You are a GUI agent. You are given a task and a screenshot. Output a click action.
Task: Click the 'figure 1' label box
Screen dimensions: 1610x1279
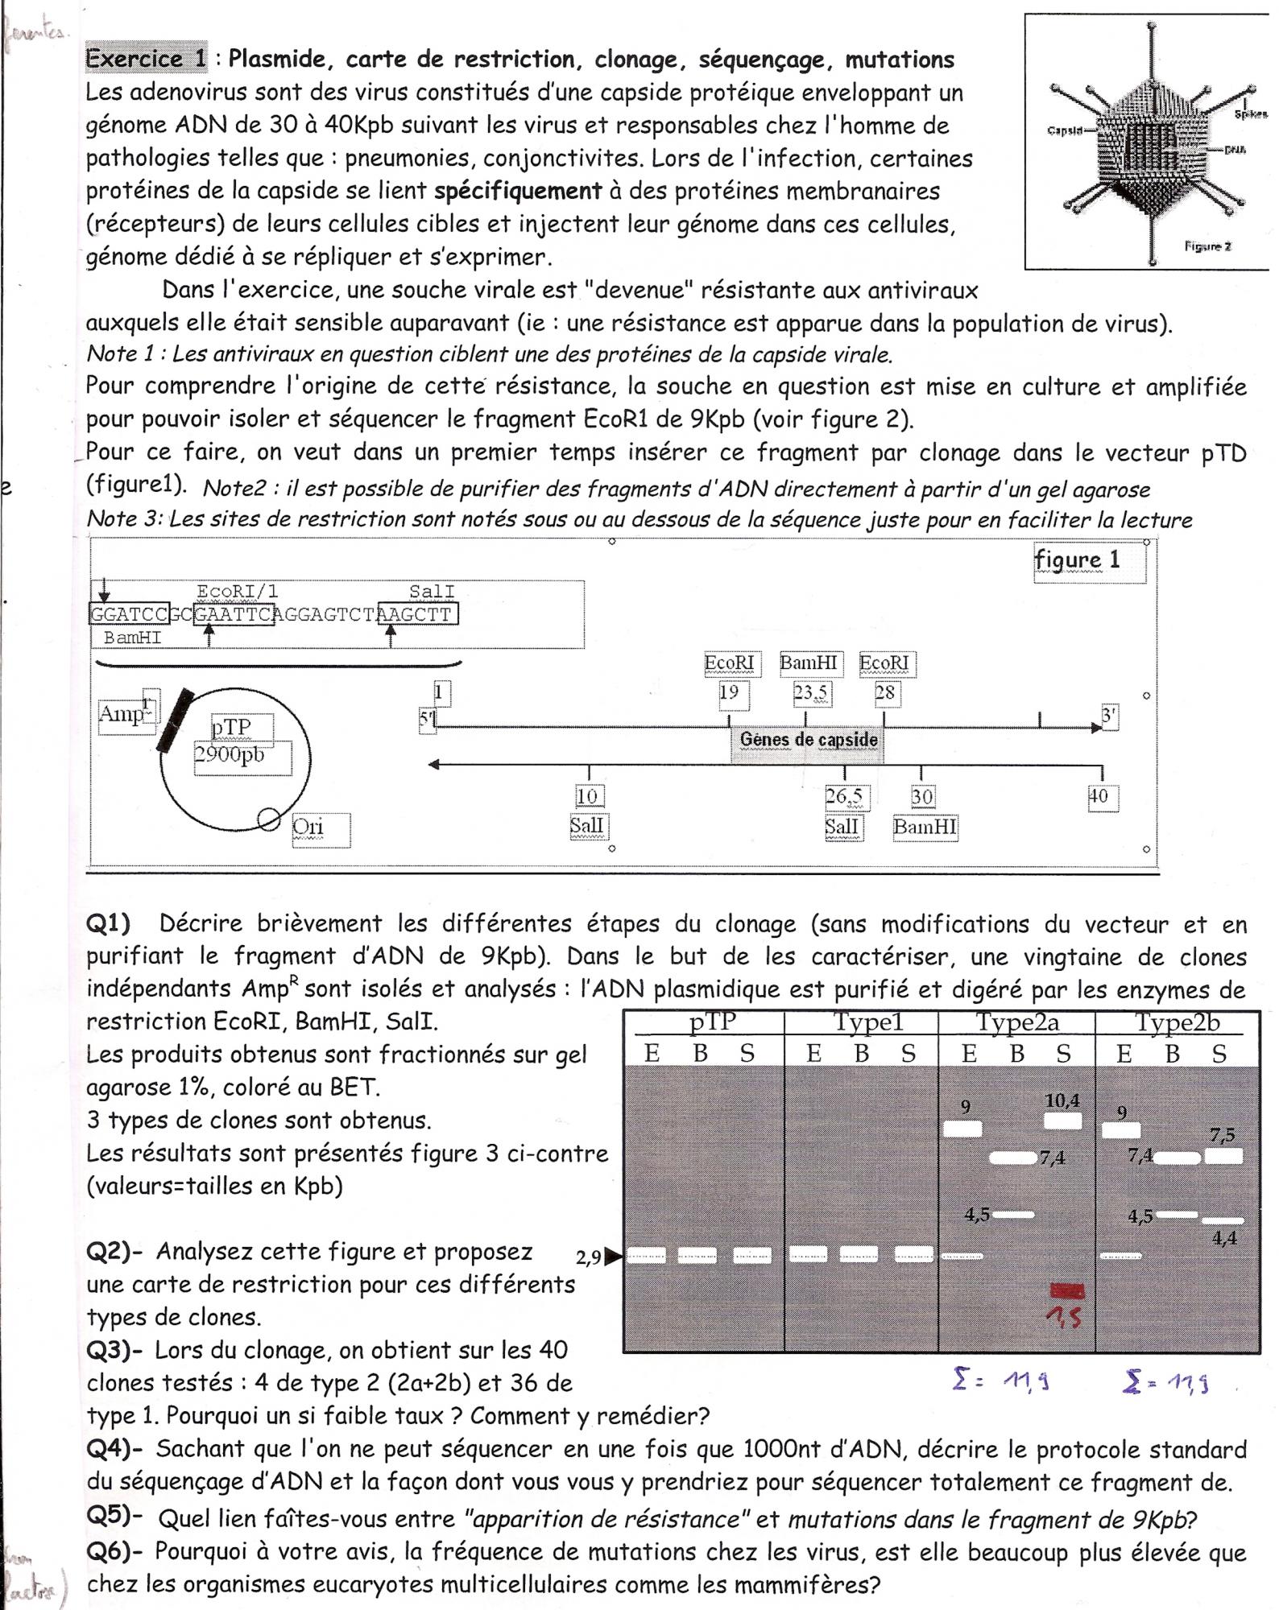pyautogui.click(x=1088, y=561)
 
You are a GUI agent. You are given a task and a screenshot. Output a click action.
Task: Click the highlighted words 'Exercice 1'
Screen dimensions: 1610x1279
pyautogui.click(x=146, y=60)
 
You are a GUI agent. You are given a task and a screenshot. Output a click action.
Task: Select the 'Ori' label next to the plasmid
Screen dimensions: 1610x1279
pyautogui.click(x=308, y=828)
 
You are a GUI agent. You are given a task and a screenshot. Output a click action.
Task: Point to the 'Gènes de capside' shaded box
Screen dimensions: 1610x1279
pyautogui.click(x=808, y=740)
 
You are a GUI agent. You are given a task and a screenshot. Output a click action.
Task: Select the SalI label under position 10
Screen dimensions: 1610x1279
pyautogui.click(x=587, y=827)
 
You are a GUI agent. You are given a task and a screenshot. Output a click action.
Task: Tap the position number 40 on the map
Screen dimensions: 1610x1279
pyautogui.click(x=1099, y=797)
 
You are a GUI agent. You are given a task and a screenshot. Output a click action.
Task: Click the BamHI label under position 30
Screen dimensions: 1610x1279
pyautogui.click(x=925, y=828)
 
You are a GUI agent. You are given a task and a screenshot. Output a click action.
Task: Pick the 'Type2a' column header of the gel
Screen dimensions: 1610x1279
pyautogui.click(x=1017, y=1023)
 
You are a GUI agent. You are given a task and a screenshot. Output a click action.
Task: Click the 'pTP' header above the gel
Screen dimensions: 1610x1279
pyautogui.click(x=713, y=1023)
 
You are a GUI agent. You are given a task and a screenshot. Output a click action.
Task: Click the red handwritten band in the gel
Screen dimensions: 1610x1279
pyautogui.click(x=1068, y=1291)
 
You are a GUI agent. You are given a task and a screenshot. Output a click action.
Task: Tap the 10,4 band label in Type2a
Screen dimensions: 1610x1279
pyautogui.click(x=1062, y=1101)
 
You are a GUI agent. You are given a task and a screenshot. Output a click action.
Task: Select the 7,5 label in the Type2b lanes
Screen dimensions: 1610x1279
pyautogui.click(x=1223, y=1136)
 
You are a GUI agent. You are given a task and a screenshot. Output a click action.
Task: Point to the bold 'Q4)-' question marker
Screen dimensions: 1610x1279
pyautogui.click(x=114, y=1449)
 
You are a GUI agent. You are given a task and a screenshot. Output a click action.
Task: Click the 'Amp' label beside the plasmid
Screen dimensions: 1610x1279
pyautogui.click(x=121, y=714)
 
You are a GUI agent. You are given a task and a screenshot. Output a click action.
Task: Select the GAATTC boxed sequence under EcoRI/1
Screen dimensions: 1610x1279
pyautogui.click(x=234, y=616)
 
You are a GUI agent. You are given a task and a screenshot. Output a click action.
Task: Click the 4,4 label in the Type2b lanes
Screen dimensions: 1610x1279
pyautogui.click(x=1224, y=1239)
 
